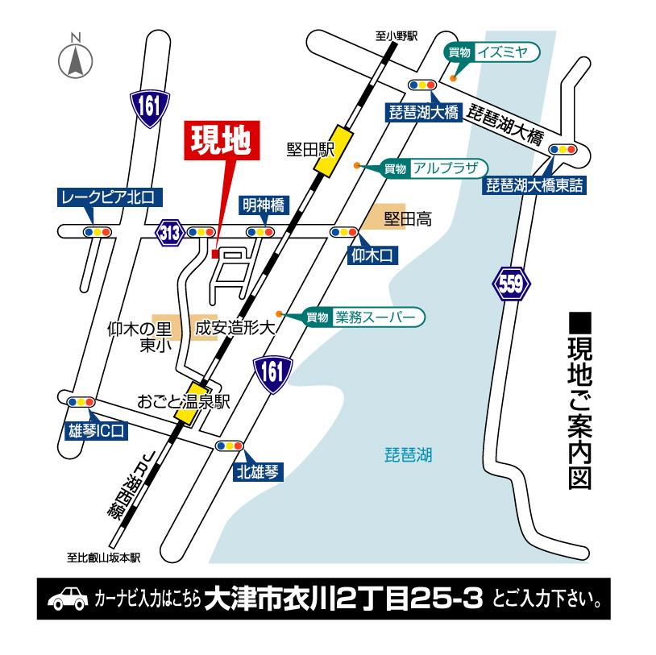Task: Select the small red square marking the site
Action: tap(214, 254)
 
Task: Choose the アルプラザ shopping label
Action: tap(444, 168)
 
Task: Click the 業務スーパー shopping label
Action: tap(375, 317)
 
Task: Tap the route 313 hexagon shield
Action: tap(169, 233)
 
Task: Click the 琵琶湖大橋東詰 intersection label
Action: tap(534, 186)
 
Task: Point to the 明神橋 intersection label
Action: tap(264, 206)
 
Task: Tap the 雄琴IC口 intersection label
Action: tap(98, 430)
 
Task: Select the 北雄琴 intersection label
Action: tap(258, 472)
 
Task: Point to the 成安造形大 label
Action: tap(235, 329)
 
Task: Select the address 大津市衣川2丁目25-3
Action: tap(343, 599)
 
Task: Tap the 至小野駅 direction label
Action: tap(397, 36)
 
